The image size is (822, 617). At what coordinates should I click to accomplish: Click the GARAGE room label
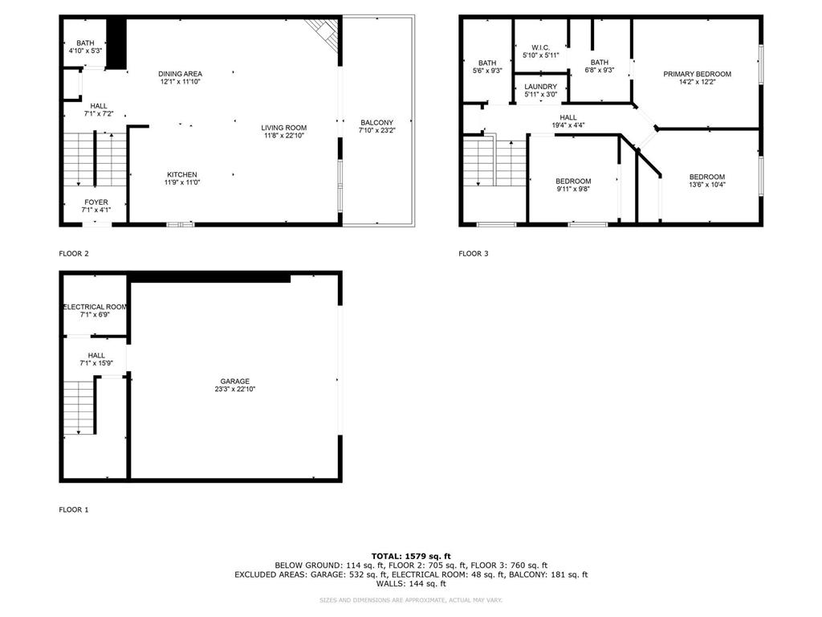[235, 381]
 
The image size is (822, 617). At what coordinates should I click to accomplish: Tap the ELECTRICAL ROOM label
[96, 306]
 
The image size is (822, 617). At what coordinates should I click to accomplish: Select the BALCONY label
[376, 122]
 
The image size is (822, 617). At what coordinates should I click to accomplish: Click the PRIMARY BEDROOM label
[697, 74]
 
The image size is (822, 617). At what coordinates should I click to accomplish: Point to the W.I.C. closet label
[539, 47]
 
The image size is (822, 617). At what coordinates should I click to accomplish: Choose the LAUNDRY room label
[539, 86]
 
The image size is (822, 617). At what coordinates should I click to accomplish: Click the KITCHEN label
[181, 174]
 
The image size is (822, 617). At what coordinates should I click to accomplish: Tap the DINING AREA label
[180, 74]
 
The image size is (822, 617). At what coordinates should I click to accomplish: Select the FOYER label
[95, 202]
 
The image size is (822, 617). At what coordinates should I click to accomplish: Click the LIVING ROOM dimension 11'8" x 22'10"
[283, 135]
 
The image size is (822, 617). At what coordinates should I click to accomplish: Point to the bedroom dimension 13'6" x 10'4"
[706, 185]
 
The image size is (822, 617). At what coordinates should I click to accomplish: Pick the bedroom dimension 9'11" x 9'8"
[573, 189]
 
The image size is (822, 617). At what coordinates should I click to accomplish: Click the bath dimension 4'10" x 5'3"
[85, 51]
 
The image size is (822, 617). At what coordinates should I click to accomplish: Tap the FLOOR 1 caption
[74, 509]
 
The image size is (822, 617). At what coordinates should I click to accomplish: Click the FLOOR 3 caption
[473, 253]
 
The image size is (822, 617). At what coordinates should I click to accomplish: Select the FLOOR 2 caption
[74, 253]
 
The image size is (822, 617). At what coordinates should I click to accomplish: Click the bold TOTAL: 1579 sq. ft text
[411, 556]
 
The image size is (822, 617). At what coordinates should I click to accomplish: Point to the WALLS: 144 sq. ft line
[411, 583]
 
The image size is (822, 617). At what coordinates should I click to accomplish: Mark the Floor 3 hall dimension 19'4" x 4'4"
[568, 125]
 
